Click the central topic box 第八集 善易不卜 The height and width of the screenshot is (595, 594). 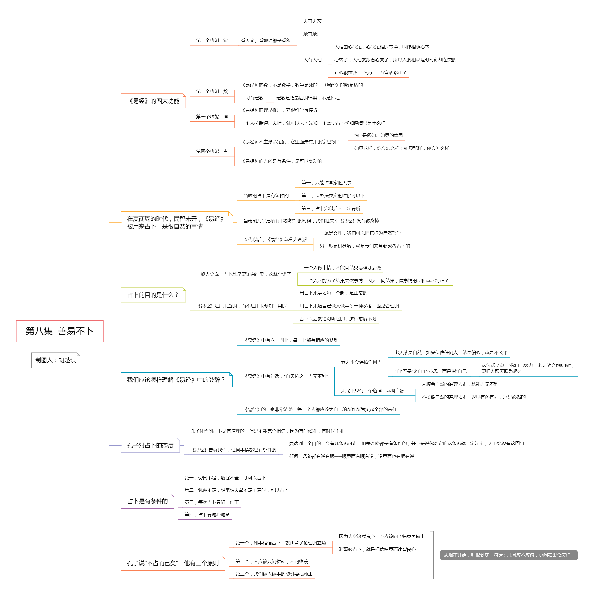tap(60, 331)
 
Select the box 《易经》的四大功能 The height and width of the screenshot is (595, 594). tap(153, 101)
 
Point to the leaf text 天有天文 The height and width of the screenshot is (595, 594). tap(312, 21)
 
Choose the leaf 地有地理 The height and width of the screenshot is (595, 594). tap(312, 34)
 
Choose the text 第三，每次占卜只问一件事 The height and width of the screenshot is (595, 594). tap(212, 502)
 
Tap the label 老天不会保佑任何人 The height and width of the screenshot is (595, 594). tap(361, 362)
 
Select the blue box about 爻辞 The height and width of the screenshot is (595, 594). tap(177, 380)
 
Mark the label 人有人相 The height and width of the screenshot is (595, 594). tap(312, 60)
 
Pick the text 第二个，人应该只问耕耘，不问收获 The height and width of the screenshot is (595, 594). tap(272, 561)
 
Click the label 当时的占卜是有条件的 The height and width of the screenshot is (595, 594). tap(266, 195)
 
